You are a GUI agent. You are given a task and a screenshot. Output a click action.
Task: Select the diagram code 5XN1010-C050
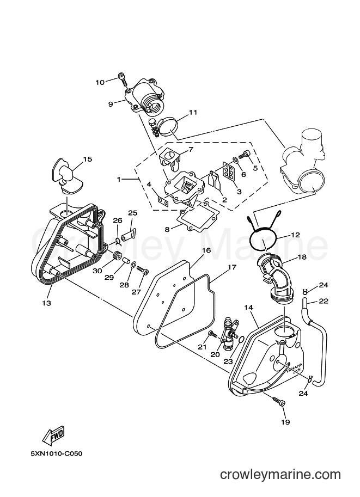point(57,454)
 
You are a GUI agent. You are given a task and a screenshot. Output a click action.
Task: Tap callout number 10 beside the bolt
point(100,82)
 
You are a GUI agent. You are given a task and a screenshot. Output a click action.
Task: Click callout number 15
point(88,159)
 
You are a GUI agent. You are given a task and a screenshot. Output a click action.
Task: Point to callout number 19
point(285,422)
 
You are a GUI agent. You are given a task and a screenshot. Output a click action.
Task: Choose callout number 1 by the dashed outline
point(119,180)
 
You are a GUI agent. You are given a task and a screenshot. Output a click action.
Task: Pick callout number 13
point(46,303)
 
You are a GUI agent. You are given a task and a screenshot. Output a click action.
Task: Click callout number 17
point(232,267)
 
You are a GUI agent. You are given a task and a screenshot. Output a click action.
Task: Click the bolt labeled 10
point(124,78)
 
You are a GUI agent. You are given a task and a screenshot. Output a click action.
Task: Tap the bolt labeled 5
point(245,155)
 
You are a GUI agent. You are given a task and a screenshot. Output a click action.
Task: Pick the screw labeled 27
point(142,269)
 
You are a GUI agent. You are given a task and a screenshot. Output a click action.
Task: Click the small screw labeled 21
point(212,334)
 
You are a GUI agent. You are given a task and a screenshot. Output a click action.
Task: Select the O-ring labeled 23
point(241,340)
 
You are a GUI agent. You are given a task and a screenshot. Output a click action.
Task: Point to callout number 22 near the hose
point(324,301)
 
